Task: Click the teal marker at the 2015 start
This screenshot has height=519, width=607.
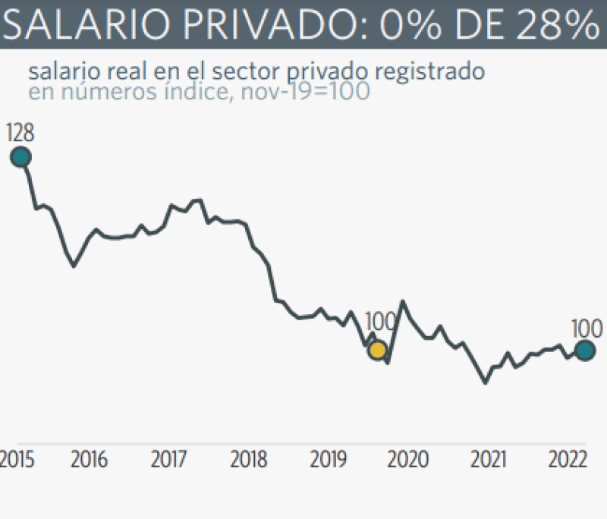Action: tap(20, 157)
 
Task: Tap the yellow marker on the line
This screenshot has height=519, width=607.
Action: tap(377, 350)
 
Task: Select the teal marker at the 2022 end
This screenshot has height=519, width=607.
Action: tap(584, 350)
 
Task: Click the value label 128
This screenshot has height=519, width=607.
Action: tap(20, 134)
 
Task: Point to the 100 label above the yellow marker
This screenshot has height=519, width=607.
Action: tap(380, 322)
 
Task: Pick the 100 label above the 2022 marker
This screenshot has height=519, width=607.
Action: tap(587, 329)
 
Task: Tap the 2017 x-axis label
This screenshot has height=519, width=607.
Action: tap(170, 460)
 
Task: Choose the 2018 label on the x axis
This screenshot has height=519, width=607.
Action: tap(249, 460)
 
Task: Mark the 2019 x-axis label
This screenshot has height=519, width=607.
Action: tap(328, 460)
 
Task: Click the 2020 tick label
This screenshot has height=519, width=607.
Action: tap(408, 460)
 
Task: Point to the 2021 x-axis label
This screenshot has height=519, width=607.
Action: tap(487, 460)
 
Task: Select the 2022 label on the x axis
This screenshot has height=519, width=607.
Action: tap(567, 460)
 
